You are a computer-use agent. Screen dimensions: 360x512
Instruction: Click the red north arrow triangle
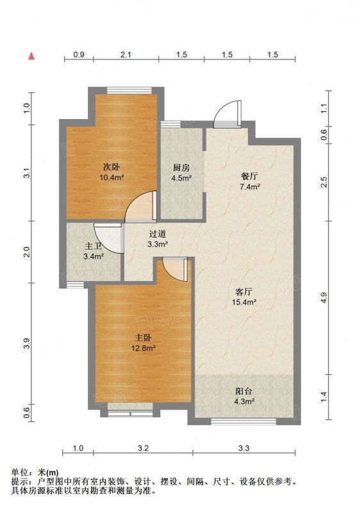31,56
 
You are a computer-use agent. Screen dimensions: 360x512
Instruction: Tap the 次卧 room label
111,168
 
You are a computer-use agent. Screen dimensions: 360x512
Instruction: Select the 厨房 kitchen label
181,168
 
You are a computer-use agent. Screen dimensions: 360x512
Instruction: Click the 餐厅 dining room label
250,177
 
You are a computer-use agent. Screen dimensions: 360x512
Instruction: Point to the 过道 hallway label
158,234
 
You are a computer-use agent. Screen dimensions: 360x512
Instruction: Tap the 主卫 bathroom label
93,246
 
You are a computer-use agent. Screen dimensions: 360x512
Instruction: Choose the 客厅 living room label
243,291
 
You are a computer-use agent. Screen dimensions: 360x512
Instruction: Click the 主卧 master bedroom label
143,338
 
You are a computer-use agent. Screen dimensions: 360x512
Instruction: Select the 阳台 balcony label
243,391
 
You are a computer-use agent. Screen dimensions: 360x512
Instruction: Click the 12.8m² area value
143,348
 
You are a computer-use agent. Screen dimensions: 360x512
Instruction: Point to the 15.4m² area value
243,302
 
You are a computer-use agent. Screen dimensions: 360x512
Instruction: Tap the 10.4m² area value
111,178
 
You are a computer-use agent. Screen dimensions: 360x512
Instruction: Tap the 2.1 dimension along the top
126,54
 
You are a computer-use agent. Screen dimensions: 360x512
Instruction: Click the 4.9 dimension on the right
323,298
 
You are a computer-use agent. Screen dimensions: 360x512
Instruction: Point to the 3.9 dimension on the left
26,344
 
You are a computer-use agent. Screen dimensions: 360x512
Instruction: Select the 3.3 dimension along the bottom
243,448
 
